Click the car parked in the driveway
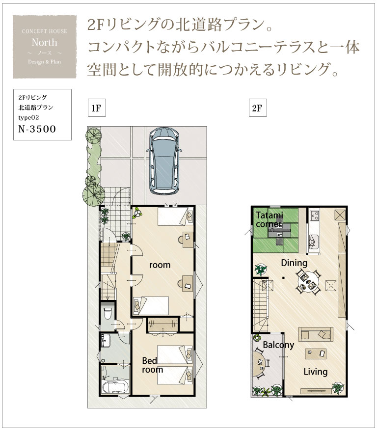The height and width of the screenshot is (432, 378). coord(164,161)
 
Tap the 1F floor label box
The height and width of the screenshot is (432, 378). coord(96,108)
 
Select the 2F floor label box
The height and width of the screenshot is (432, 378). coord(258,108)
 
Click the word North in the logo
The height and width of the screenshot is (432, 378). coord(44,42)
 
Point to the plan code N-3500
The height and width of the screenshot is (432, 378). coord(37,129)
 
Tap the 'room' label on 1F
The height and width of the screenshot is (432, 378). coord(160,265)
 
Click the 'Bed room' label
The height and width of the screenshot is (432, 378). coord(152,365)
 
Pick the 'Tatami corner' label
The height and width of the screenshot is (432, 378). coord(269,219)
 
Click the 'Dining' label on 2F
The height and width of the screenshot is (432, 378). coord(294,263)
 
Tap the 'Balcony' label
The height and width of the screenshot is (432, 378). coord(278,345)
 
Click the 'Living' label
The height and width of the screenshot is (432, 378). coord(316,372)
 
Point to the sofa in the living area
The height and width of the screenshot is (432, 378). coord(316,334)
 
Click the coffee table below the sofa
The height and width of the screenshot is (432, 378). coord(316,353)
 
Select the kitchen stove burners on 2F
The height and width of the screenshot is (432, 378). coord(314,215)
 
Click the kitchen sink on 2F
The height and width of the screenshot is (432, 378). coord(314,242)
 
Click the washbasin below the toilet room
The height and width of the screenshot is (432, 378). coord(106,341)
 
